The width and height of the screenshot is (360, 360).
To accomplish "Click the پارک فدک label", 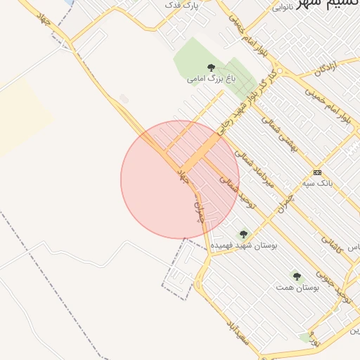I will point(181,5).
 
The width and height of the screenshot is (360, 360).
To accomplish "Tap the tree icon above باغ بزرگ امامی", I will point(211,67).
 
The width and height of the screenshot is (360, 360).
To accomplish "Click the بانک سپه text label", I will point(317,183).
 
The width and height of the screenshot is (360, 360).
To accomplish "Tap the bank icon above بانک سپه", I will point(317,172).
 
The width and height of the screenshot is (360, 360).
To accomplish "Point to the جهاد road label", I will point(184,175).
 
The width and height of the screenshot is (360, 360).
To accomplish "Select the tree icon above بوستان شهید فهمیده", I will point(244,234).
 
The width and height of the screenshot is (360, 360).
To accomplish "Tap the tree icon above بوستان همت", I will point(297,276).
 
